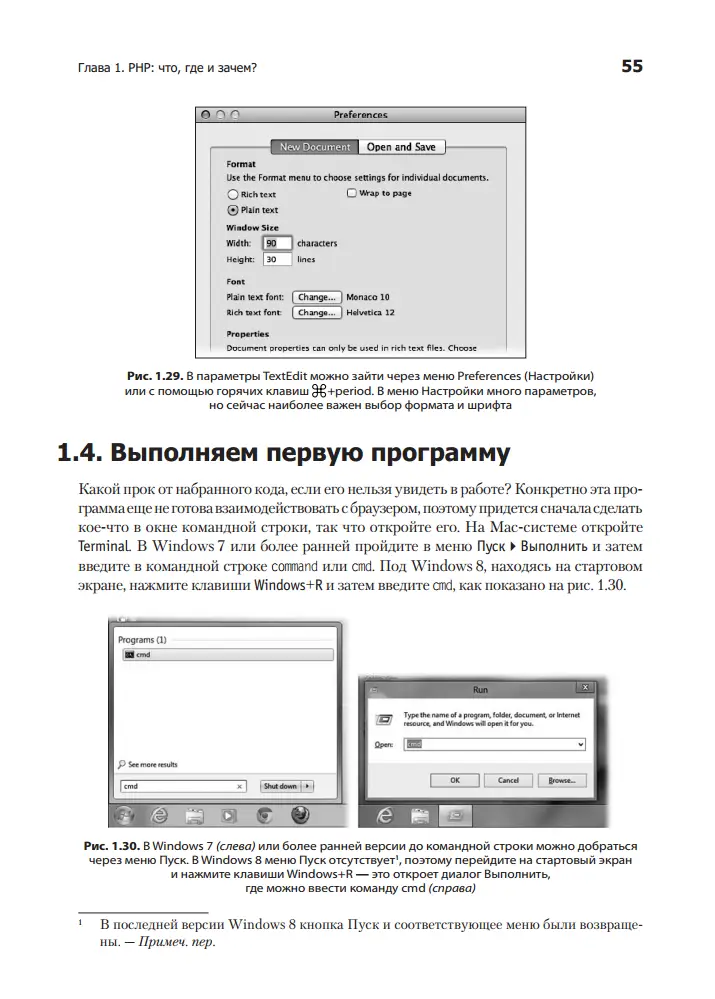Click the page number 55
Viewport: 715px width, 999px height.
point(631,67)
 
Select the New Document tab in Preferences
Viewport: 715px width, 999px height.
point(315,147)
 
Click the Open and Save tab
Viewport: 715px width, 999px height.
point(400,147)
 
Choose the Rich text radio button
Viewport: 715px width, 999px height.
point(233,194)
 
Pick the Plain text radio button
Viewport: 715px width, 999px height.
point(233,210)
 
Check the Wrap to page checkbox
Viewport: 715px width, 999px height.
point(351,193)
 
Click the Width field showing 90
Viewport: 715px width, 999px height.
point(276,243)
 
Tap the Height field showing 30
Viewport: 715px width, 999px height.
point(276,259)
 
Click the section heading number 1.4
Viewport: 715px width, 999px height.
point(81,454)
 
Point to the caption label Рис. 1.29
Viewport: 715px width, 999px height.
point(152,375)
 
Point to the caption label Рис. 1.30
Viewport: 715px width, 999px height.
point(111,847)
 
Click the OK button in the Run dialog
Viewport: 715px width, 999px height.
point(455,780)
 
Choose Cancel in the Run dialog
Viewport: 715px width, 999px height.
point(508,780)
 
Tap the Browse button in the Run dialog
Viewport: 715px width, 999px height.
point(561,780)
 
